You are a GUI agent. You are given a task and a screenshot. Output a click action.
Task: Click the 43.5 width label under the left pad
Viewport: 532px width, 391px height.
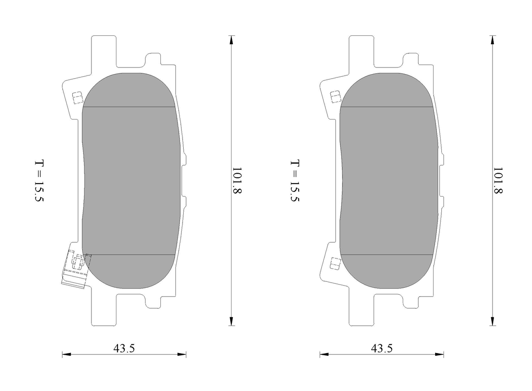click(x=124, y=349)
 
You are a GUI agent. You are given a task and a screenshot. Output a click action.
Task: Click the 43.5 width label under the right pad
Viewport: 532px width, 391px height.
click(x=382, y=349)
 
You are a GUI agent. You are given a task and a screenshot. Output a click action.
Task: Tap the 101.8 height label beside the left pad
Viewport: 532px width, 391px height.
click(x=237, y=180)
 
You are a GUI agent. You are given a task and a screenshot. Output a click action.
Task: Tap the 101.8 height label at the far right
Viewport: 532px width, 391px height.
click(x=498, y=180)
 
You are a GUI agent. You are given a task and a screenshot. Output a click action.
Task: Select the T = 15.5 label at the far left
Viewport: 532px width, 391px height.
click(x=39, y=181)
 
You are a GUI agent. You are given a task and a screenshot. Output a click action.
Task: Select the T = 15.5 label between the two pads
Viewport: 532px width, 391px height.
click(x=295, y=181)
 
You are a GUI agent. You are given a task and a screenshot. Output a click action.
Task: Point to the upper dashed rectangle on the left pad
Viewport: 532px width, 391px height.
click(x=77, y=98)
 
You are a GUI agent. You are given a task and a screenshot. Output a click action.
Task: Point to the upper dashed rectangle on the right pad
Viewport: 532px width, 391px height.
click(x=335, y=97)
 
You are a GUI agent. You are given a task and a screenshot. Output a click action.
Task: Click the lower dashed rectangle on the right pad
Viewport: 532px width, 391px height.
click(x=335, y=264)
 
